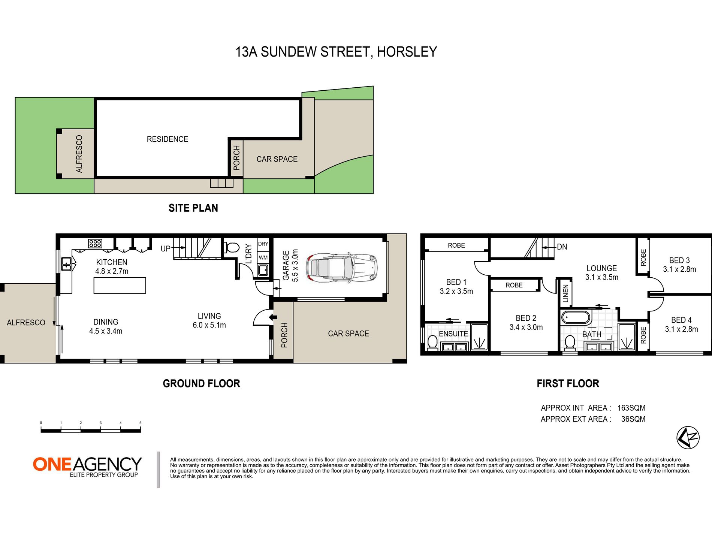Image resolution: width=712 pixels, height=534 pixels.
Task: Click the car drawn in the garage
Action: click(342, 268)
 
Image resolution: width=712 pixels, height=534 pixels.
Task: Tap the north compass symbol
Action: click(688, 437)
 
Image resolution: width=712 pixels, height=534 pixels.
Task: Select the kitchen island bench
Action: click(120, 285)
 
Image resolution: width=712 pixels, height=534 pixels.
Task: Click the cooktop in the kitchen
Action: click(95, 244)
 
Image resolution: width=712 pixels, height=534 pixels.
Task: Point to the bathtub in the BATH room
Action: click(576, 318)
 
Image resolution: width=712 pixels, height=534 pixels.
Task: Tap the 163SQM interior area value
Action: click(631, 408)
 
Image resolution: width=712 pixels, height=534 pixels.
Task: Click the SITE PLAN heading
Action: click(193, 208)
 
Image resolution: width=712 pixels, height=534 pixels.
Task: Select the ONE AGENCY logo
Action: click(87, 467)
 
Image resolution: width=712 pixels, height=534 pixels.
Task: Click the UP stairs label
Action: click(165, 248)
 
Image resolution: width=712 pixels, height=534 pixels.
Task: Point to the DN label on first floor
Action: click(562, 247)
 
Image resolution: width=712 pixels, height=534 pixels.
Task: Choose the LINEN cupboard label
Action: click(566, 293)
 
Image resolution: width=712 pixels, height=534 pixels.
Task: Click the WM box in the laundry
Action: click(263, 257)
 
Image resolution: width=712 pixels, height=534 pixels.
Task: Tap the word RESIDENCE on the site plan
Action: click(168, 139)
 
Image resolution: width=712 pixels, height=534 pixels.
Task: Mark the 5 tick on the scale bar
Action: click(141, 423)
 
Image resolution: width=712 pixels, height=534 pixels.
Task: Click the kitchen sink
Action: click(66, 264)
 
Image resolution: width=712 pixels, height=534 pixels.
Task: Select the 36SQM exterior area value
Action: click(633, 419)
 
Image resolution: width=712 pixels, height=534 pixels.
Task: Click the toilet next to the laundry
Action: click(231, 247)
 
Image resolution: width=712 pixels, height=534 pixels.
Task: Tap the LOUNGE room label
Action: click(601, 268)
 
